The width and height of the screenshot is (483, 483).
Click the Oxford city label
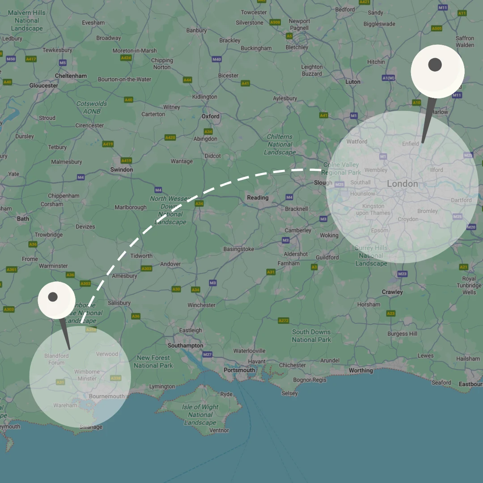click(210, 116)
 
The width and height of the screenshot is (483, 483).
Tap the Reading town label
click(258, 198)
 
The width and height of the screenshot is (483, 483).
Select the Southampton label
click(185, 346)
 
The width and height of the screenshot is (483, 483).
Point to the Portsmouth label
click(239, 370)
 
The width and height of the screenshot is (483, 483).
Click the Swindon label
click(122, 170)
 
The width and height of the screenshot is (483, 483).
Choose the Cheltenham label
click(71, 76)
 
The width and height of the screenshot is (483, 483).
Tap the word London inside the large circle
click(402, 184)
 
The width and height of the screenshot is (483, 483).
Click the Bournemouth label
click(107, 397)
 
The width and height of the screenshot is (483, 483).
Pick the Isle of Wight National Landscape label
click(200, 415)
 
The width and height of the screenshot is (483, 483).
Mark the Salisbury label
click(119, 303)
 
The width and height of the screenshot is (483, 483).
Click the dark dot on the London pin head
click(435, 65)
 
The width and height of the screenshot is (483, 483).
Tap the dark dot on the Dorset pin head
click(53, 297)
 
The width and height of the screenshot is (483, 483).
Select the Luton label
click(353, 82)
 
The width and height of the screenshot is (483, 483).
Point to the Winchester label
click(201, 305)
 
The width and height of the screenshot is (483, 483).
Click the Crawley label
click(392, 292)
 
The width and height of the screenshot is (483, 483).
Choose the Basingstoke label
click(239, 249)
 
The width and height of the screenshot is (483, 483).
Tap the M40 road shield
click(216, 59)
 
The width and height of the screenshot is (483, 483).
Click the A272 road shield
click(284, 321)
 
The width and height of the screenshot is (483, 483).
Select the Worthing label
click(360, 370)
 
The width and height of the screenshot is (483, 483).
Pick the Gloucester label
click(44, 85)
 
